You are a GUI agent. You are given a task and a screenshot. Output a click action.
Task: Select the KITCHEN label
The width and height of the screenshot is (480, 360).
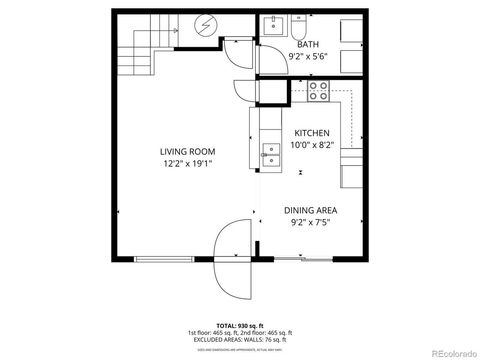[x=311, y=133]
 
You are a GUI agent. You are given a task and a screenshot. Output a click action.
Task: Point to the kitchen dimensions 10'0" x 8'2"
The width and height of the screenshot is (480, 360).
[x=311, y=146]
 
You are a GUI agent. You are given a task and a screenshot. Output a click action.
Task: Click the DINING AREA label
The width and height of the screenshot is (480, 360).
[x=310, y=210]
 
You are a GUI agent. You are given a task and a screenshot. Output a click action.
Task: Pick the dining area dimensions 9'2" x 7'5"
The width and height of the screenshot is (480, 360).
[x=310, y=224]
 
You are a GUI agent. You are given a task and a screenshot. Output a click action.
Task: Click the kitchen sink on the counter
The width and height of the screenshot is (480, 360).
[x=270, y=153]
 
